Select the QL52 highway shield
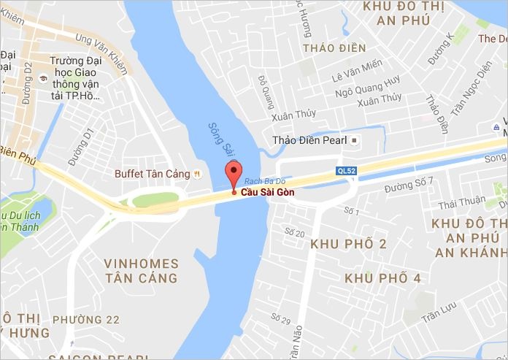click(x=345, y=170)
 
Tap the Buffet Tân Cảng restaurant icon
click(x=197, y=174)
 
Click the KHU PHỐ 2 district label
click(x=349, y=244)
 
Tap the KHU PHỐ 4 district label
click(x=382, y=278)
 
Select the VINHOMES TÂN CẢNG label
click(x=140, y=270)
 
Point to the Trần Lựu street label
click(x=440, y=315)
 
